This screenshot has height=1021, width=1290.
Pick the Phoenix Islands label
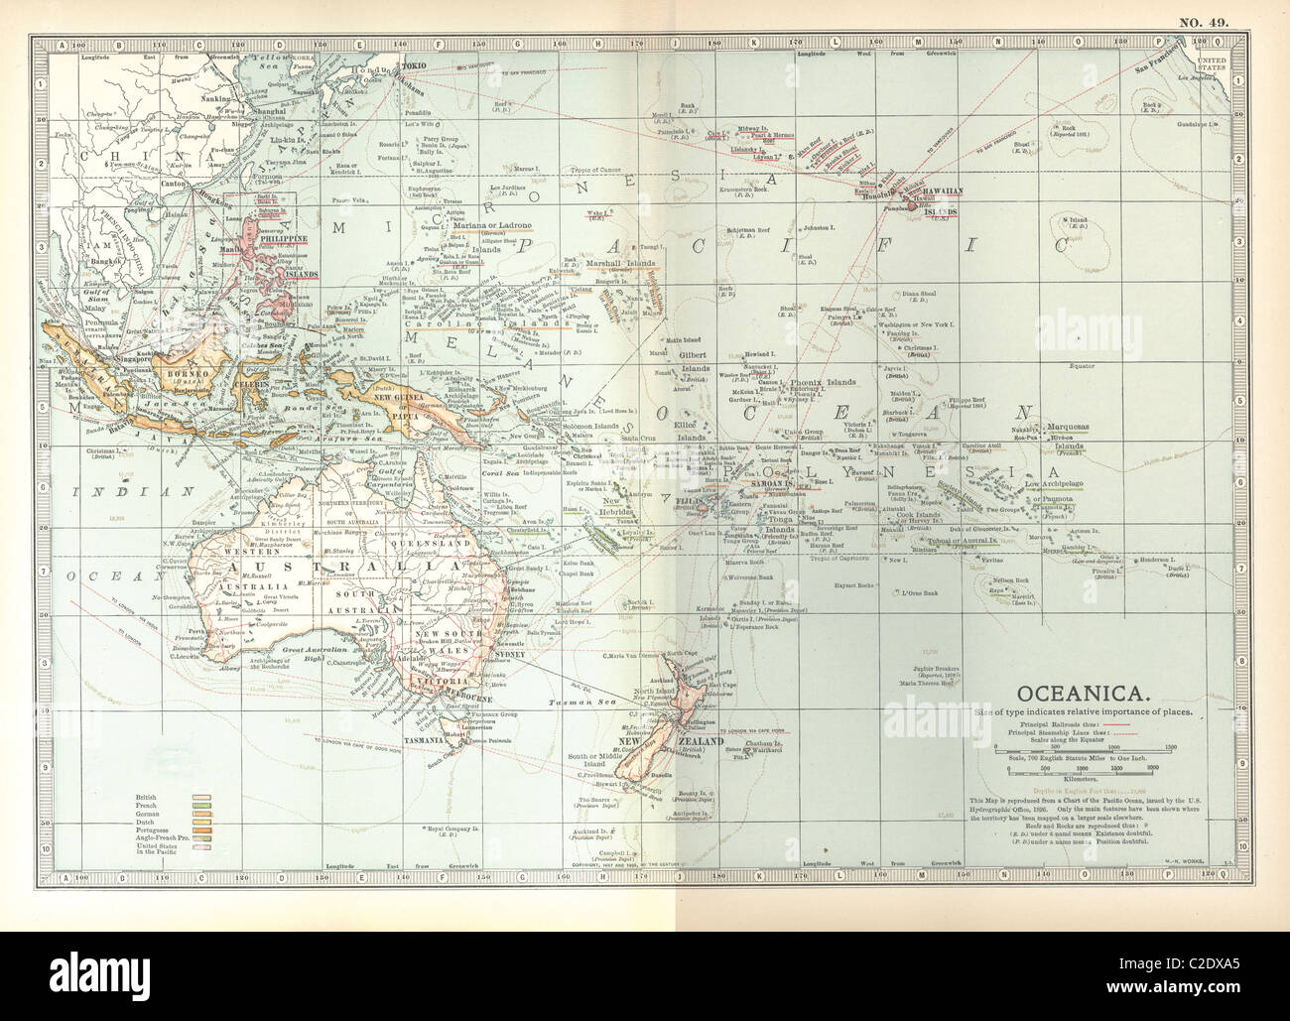click(823, 383)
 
